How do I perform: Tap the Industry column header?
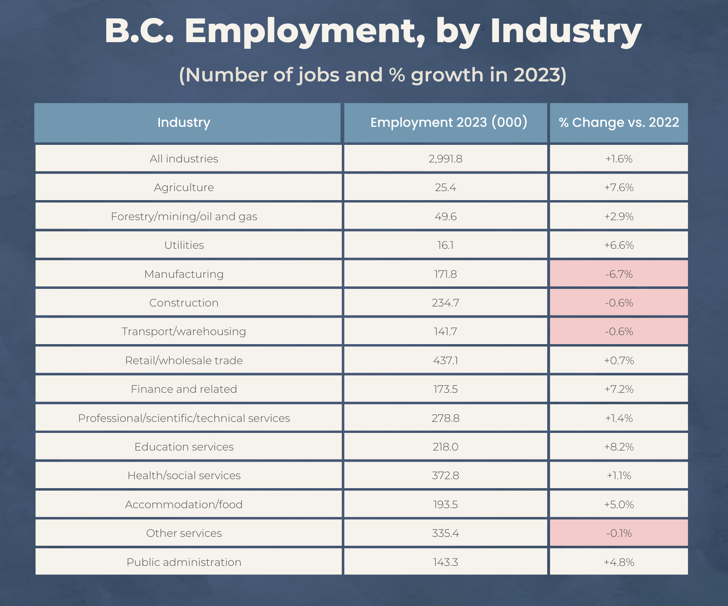pyautogui.click(x=184, y=122)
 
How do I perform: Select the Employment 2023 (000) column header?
pyautogui.click(x=449, y=122)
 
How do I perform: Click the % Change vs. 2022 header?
pyautogui.click(x=619, y=122)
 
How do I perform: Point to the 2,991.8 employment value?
pyautogui.click(x=445, y=159)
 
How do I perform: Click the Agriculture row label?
pyautogui.click(x=184, y=187)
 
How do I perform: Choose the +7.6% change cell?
pyautogui.click(x=619, y=187)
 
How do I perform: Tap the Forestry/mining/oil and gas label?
pyautogui.click(x=184, y=216)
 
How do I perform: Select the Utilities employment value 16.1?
pyautogui.click(x=445, y=245)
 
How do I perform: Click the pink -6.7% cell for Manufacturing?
pyautogui.click(x=619, y=274)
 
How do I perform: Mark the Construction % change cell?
pyautogui.click(x=619, y=303)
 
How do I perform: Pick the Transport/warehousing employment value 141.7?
pyautogui.click(x=445, y=331)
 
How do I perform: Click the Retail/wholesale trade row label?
pyautogui.click(x=184, y=360)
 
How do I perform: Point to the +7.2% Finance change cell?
pyautogui.click(x=619, y=389)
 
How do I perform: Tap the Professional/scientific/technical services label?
pyautogui.click(x=184, y=418)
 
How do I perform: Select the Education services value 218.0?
pyautogui.click(x=445, y=447)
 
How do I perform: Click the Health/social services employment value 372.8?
pyautogui.click(x=445, y=475)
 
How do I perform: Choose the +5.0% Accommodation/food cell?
pyautogui.click(x=619, y=505)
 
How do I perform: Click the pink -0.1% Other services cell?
pyautogui.click(x=619, y=533)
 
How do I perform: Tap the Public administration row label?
pyautogui.click(x=184, y=562)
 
